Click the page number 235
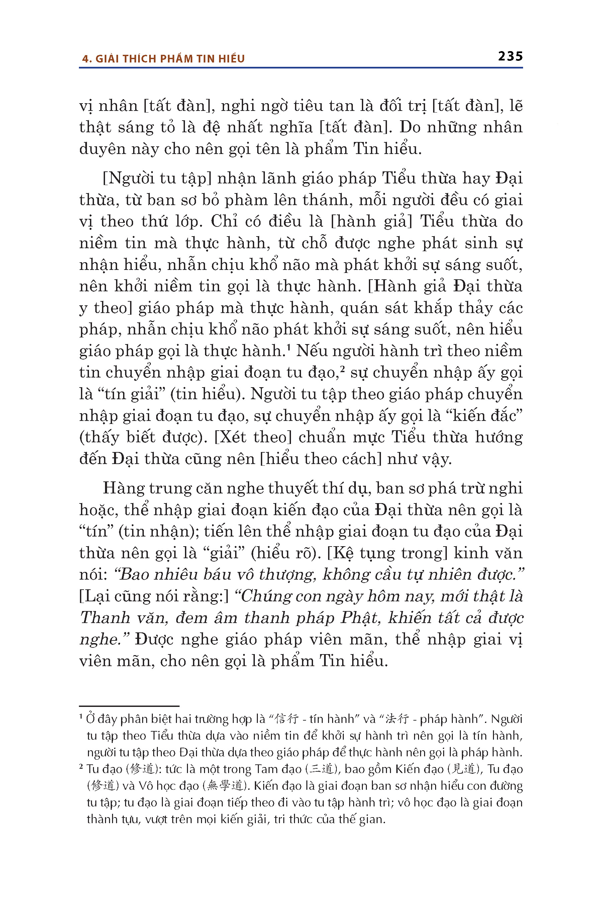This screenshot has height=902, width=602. point(510,56)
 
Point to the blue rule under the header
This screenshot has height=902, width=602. point(301,68)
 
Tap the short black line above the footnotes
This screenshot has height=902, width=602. point(129,706)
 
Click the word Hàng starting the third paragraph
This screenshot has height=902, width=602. point(124,488)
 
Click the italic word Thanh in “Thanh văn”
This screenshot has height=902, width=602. point(105,618)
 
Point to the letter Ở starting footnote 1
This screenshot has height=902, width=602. point(91,719)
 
